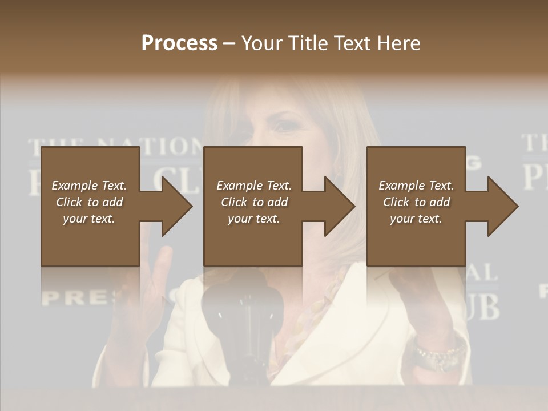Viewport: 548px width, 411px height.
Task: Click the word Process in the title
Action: [179, 43]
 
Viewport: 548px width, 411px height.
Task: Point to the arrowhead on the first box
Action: [177, 206]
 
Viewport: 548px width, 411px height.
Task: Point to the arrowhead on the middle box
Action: [340, 206]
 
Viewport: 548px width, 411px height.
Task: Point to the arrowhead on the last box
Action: [502, 206]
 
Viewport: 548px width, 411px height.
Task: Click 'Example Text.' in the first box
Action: [89, 186]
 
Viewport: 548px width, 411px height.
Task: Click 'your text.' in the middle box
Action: [254, 219]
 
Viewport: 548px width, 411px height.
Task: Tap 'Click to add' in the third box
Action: [416, 202]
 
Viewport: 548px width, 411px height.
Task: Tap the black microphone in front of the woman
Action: [243, 308]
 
